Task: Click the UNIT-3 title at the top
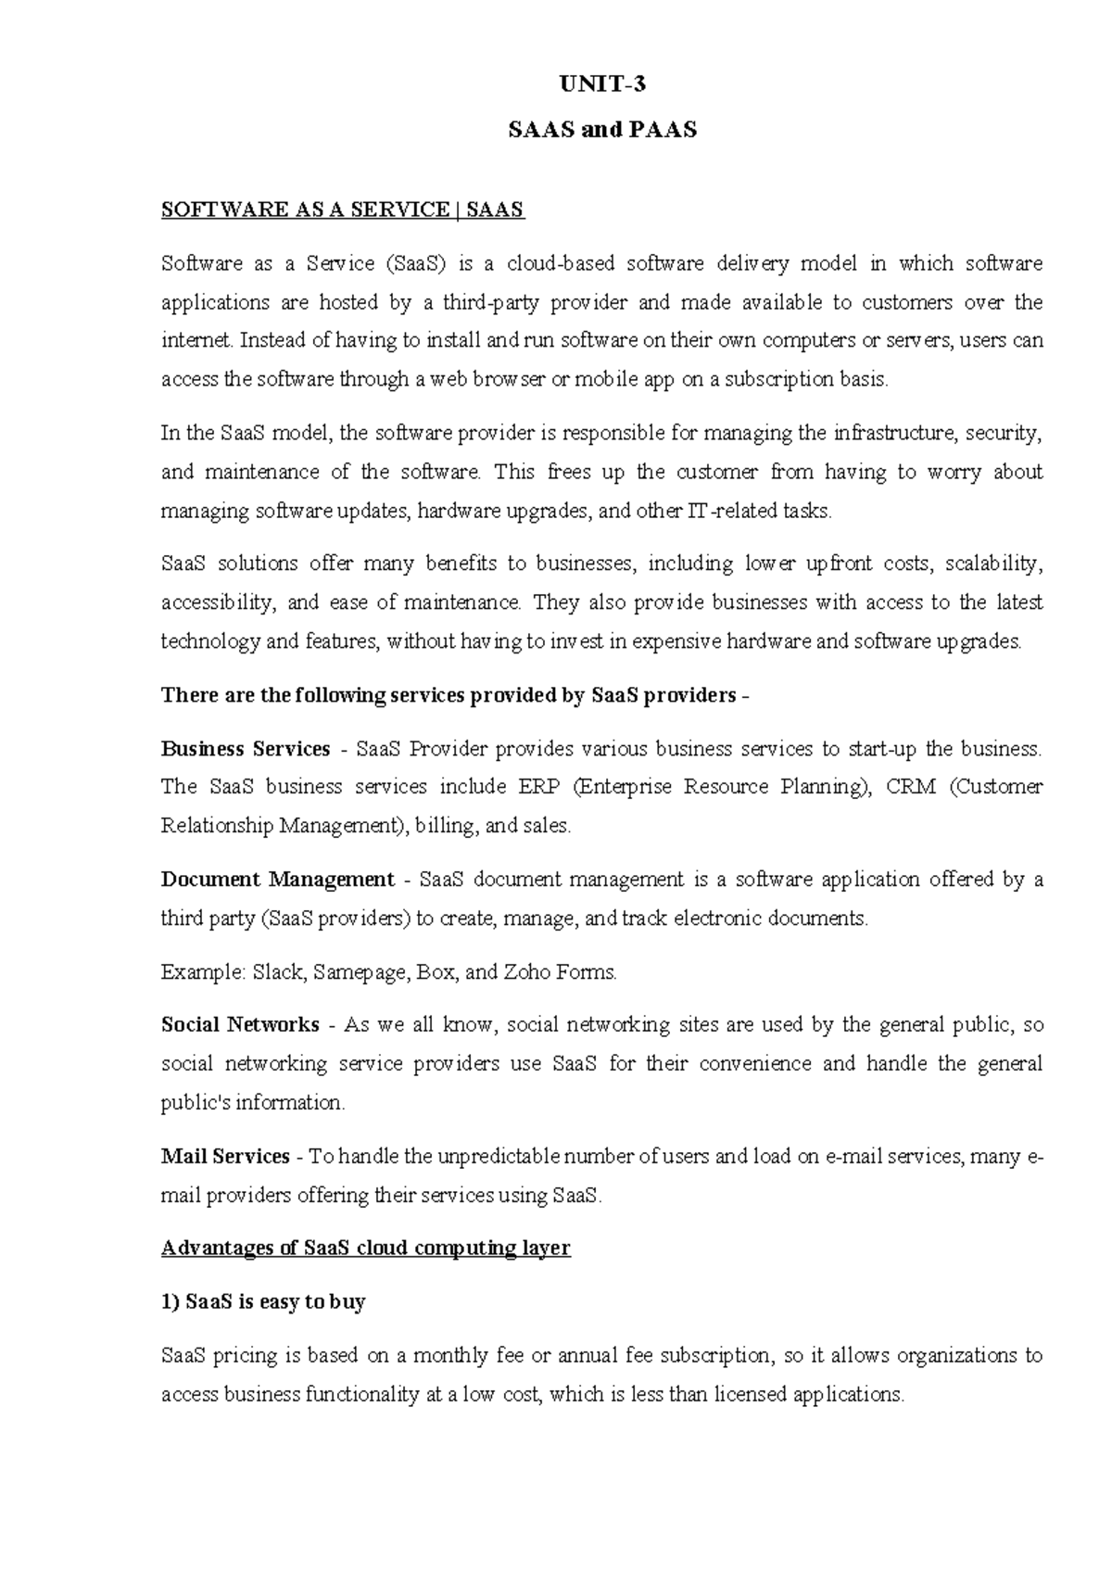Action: click(602, 84)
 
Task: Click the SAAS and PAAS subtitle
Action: click(602, 130)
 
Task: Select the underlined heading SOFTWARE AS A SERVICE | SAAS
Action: click(343, 209)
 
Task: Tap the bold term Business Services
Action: click(246, 748)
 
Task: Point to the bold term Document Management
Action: click(278, 879)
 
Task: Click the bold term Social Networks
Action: click(240, 1025)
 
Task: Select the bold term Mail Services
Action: click(225, 1157)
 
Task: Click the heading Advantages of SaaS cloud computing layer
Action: click(366, 1248)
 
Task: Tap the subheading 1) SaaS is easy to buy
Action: click(263, 1301)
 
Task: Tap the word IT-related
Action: click(720, 511)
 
